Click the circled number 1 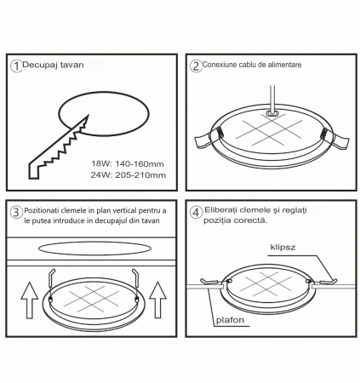coord(16,66)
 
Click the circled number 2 coord(196,66)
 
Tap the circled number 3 coord(16,212)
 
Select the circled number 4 coord(196,213)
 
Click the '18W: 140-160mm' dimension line coord(128,163)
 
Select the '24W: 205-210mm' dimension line coord(129,175)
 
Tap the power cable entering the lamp coord(272,99)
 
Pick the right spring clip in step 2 coord(336,138)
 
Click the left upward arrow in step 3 coord(30,300)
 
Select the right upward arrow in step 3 coord(157,300)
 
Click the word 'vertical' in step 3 coord(125,211)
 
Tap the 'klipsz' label coord(283,247)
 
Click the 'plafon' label coord(230,320)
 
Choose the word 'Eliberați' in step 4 coord(221,210)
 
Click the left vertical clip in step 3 coord(51,286)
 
